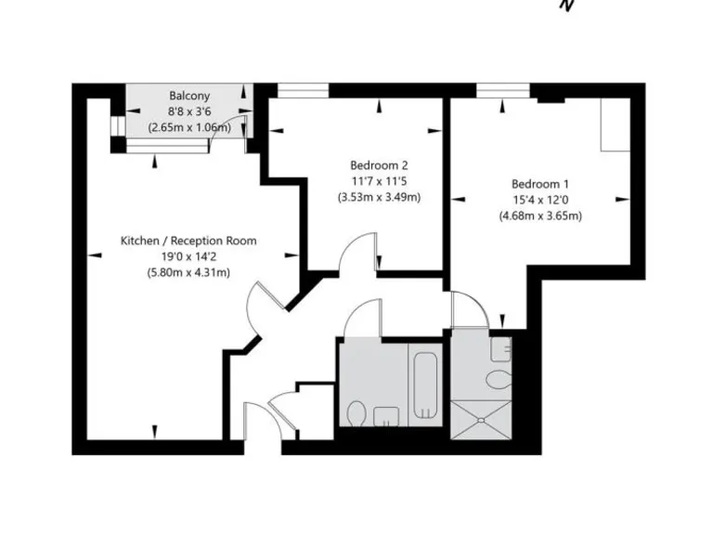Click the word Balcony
(188, 96)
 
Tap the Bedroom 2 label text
(379, 164)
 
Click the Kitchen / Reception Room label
(188, 241)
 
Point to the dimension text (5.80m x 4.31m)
(188, 272)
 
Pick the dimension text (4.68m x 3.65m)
(539, 216)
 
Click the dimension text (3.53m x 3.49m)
(379, 197)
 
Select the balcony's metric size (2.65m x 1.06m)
(188, 127)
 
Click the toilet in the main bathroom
(356, 412)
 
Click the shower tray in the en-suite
(480, 419)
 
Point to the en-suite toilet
(499, 380)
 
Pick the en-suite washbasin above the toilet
(501, 349)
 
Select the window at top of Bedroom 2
(303, 91)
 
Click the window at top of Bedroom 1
(503, 91)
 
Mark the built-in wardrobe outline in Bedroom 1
(614, 125)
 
